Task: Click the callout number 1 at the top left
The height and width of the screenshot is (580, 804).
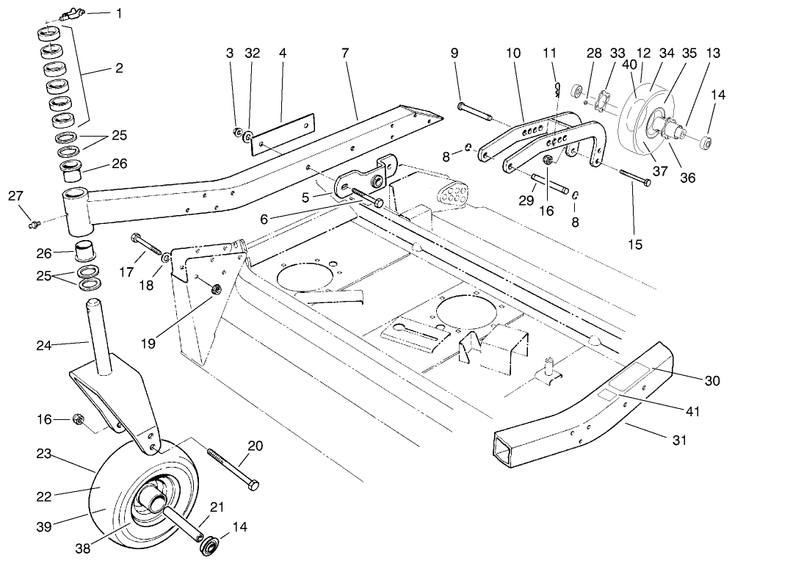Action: coord(119,13)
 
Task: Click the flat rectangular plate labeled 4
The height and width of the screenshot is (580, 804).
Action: coord(283,134)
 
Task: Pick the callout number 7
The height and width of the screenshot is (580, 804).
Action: coord(345,53)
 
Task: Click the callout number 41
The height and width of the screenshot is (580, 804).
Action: coord(692,412)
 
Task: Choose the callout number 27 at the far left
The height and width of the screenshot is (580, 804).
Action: coord(16,195)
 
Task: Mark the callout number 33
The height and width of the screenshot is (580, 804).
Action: coord(617,53)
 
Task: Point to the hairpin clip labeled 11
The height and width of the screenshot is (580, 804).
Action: coord(557,90)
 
